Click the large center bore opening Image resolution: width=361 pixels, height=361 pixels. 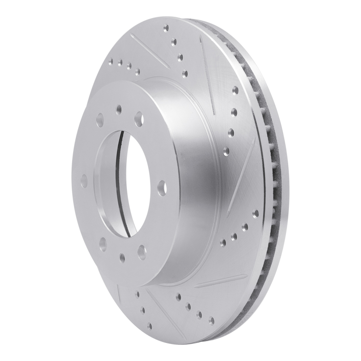point(118,183)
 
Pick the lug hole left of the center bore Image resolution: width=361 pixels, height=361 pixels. point(83,181)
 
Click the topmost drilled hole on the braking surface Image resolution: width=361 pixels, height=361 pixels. point(166,28)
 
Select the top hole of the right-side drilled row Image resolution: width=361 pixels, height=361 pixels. point(235,90)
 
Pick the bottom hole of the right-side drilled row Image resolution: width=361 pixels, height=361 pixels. point(226,150)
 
